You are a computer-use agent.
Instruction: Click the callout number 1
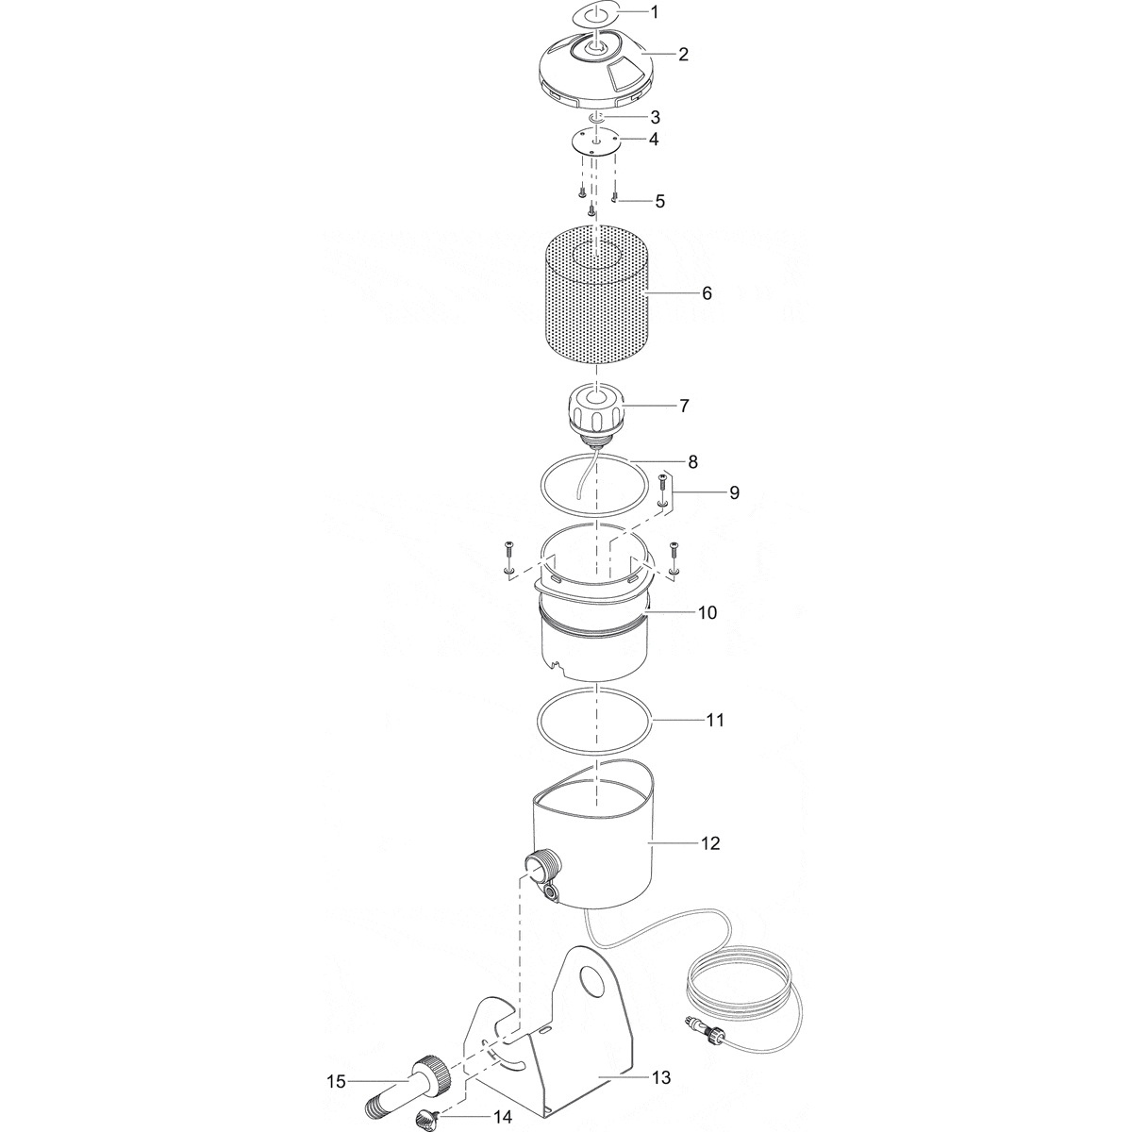(x=682, y=13)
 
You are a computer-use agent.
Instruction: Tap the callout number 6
(x=707, y=293)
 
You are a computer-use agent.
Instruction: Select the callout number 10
(x=707, y=612)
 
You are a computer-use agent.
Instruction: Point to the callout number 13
(x=661, y=1077)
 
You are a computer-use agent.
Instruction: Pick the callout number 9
(x=733, y=492)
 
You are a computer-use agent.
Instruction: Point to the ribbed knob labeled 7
(x=594, y=413)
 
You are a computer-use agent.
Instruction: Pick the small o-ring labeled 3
(x=595, y=117)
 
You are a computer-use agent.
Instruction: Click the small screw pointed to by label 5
(x=615, y=197)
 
